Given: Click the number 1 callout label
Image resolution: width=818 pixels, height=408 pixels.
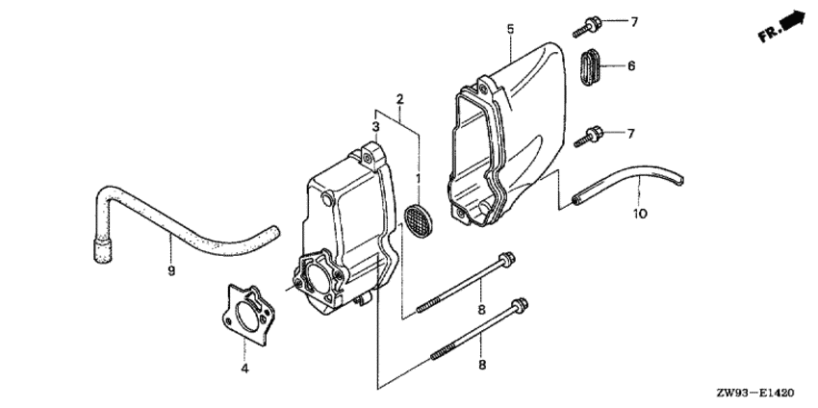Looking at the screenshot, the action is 418,179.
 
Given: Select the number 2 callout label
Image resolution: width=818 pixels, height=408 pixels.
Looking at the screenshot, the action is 399,98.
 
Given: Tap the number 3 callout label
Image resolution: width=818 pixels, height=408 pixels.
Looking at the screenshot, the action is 375,126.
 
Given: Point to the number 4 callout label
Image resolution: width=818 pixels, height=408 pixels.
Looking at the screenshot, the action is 244,369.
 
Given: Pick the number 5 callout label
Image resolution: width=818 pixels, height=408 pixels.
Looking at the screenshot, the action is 510,29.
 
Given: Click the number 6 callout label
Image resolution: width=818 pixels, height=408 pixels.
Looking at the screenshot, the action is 631,65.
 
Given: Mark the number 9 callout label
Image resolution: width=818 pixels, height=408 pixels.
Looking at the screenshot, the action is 171,270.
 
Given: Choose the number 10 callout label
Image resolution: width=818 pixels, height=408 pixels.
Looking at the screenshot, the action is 640,214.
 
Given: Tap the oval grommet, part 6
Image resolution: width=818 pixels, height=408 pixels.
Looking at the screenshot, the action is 590,66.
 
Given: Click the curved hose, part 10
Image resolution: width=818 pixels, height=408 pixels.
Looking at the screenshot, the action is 627,186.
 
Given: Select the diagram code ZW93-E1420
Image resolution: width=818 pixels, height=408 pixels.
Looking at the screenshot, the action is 759,393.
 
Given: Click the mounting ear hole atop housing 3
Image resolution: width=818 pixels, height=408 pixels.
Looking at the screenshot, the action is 369,158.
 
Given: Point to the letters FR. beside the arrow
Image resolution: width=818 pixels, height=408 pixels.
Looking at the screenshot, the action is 770,34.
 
